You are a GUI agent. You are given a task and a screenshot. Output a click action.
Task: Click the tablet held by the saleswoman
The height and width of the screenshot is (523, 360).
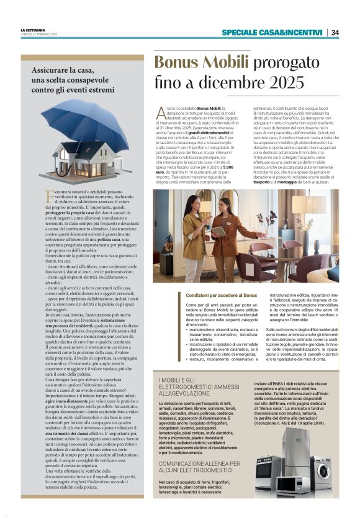pos(218,230)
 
